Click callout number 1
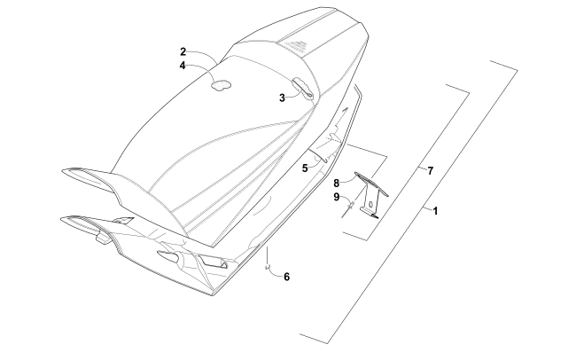(x=435, y=211)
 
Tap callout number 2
(x=182, y=52)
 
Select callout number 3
(x=282, y=98)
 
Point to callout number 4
(x=182, y=66)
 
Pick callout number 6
(x=286, y=277)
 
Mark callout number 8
(x=338, y=183)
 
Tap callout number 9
(x=338, y=197)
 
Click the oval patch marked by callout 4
(x=220, y=85)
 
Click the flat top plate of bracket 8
(x=367, y=176)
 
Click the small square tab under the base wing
(x=102, y=237)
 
